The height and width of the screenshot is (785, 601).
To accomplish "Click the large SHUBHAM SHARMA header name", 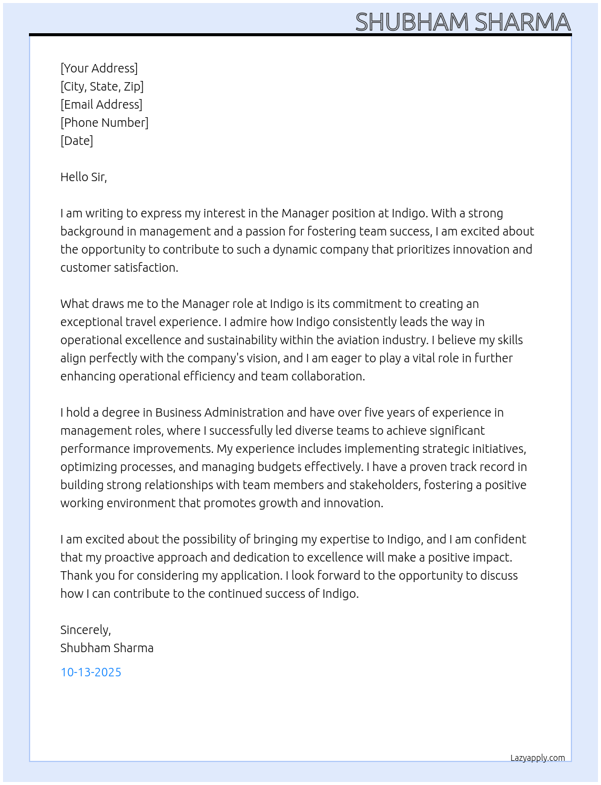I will click(463, 22).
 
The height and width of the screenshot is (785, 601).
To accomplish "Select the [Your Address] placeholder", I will click(99, 68).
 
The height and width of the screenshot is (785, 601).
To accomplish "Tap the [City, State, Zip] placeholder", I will click(102, 86).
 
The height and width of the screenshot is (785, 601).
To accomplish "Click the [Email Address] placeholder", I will click(101, 104).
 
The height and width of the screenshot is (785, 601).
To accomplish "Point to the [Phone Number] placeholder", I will click(104, 123).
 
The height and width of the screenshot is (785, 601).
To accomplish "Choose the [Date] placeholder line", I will click(77, 141).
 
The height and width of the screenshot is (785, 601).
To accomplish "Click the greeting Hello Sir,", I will click(83, 177).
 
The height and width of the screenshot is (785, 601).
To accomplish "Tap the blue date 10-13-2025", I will click(91, 672).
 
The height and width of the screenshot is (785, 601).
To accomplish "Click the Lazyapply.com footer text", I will click(538, 758).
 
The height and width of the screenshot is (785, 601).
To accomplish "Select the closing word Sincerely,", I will click(86, 630).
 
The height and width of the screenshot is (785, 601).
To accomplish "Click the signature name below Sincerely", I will click(107, 648).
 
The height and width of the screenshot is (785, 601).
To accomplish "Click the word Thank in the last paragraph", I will click(76, 575).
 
